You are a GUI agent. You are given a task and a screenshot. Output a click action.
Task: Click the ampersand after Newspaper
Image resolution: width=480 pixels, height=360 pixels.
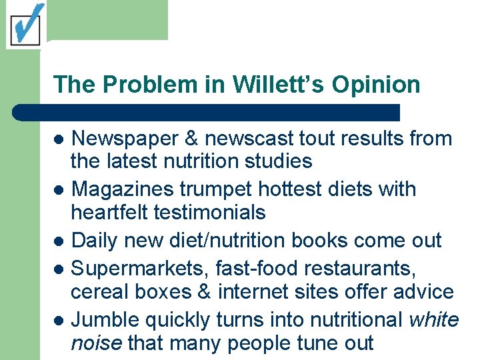click(193, 139)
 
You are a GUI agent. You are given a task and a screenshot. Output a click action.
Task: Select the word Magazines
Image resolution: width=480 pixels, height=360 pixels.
click(124, 189)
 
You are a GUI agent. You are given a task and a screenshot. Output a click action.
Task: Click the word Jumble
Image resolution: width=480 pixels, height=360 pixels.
click(104, 319)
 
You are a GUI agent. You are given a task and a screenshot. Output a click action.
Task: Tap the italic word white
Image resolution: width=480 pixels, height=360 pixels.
click(433, 319)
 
